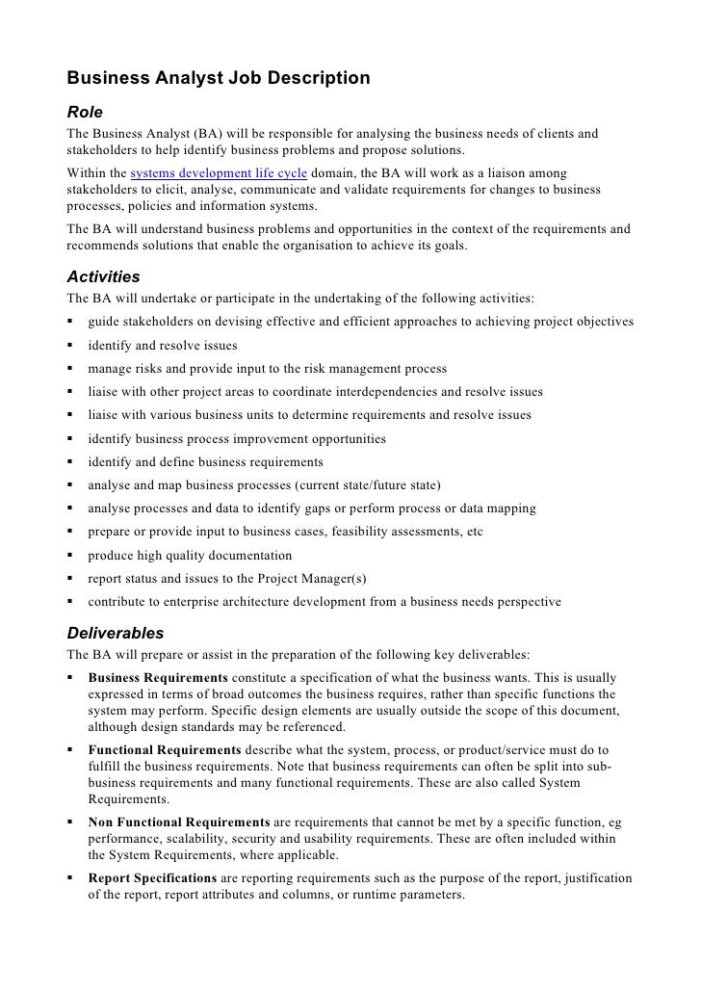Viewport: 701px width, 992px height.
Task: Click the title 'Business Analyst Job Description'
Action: tap(218, 78)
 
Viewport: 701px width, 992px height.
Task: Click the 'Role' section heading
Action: tap(84, 112)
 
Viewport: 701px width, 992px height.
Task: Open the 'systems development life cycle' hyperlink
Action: tap(219, 173)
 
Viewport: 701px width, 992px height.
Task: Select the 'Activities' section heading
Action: tap(103, 277)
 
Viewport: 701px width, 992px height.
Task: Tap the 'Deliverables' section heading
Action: tap(116, 634)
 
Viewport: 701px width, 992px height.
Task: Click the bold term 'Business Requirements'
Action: tap(158, 679)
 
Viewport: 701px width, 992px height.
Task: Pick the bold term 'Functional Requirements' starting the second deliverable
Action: tap(165, 749)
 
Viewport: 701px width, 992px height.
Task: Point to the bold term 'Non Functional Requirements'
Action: tap(179, 822)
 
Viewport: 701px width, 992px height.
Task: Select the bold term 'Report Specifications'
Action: tap(152, 878)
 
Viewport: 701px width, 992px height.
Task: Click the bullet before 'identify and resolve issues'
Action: tap(71, 346)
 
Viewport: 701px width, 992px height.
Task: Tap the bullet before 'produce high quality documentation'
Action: tap(71, 556)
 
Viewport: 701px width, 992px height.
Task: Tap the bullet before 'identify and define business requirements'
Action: tap(71, 462)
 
